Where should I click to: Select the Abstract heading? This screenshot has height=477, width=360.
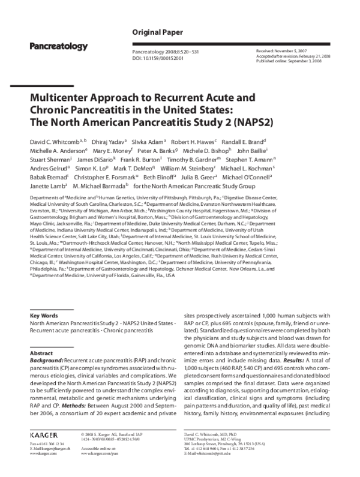(x=41, y=354)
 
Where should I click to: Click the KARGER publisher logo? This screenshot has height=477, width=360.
(x=44, y=449)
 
